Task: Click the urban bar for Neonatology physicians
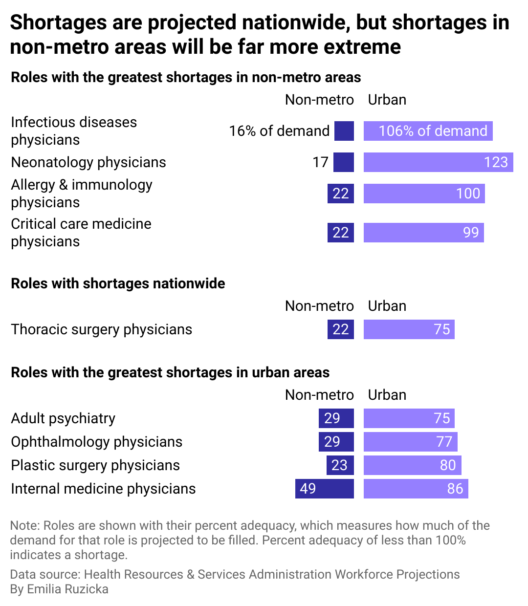(438, 162)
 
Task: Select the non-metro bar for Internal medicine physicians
(324, 489)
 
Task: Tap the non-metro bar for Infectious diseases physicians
(344, 131)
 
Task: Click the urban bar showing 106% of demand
(428, 131)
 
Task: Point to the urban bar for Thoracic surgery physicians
(409, 329)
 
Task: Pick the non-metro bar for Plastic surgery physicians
(340, 465)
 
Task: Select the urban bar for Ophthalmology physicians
(410, 442)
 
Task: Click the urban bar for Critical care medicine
(423, 233)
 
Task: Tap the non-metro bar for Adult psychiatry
(336, 418)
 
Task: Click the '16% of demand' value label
(279, 131)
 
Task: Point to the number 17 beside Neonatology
(320, 162)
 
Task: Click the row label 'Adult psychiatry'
(63, 418)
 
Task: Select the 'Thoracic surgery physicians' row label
(101, 329)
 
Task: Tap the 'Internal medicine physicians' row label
(103, 489)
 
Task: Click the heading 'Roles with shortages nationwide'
(118, 283)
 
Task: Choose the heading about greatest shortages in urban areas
(170, 372)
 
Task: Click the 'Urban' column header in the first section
(387, 100)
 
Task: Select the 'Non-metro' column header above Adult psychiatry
(319, 395)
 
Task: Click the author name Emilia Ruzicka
(67, 589)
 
